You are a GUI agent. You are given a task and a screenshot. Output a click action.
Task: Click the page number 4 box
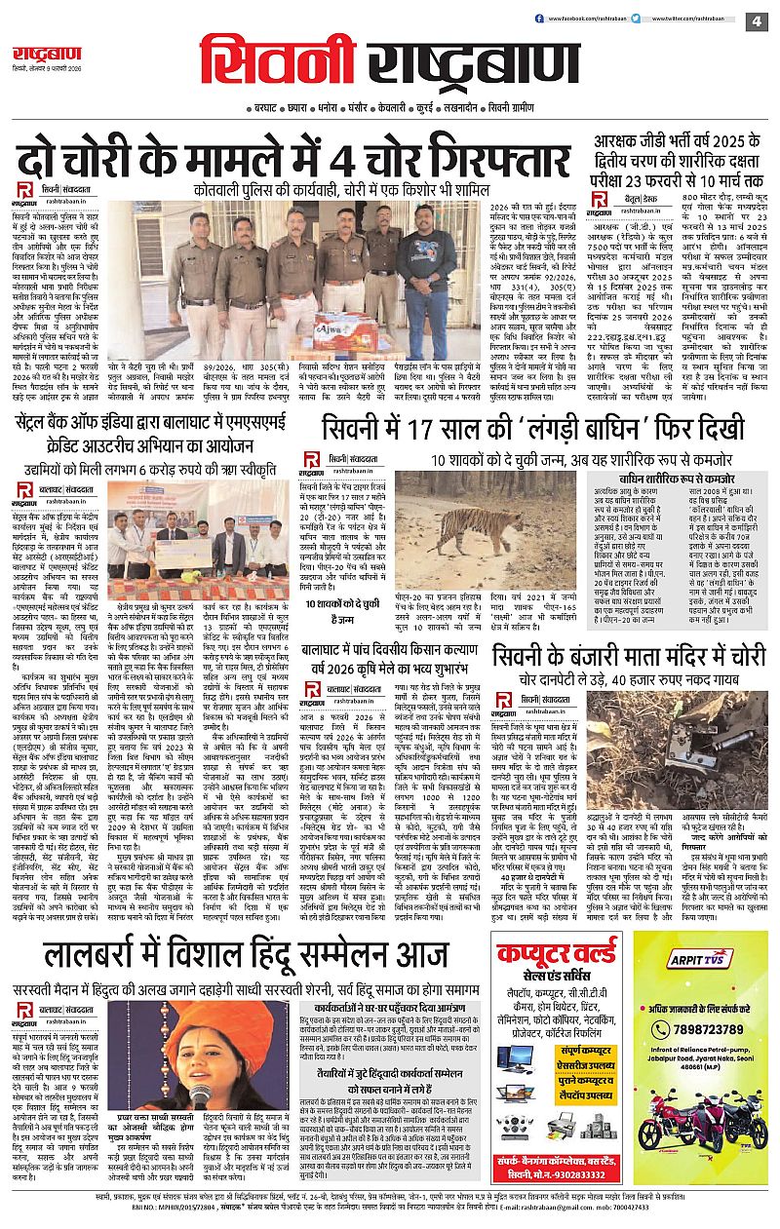[755, 20]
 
